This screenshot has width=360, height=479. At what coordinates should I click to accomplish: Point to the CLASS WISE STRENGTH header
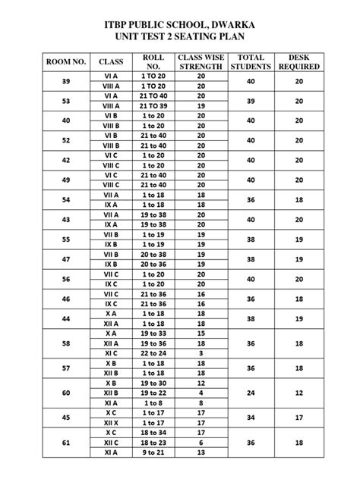pyautogui.click(x=201, y=61)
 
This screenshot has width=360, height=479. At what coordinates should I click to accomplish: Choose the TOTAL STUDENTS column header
pyautogui.click(x=251, y=61)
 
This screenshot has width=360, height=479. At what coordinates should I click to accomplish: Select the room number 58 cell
pyautogui.click(x=66, y=343)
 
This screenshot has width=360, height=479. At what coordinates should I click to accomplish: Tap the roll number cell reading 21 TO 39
pyautogui.click(x=153, y=106)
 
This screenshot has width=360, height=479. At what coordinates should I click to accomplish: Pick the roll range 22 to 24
pyautogui.click(x=153, y=353)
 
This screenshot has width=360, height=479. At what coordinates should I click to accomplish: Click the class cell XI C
pyautogui.click(x=112, y=353)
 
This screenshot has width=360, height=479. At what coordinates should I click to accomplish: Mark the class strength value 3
pyautogui.click(x=201, y=353)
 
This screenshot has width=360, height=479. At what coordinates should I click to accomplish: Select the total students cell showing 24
pyautogui.click(x=251, y=393)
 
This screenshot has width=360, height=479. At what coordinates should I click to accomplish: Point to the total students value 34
pyautogui.click(x=251, y=417)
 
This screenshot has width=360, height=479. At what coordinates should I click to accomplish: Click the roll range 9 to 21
pyautogui.click(x=153, y=452)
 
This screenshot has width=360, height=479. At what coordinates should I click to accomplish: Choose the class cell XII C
pyautogui.click(x=112, y=442)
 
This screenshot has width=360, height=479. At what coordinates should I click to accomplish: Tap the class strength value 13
pyautogui.click(x=201, y=452)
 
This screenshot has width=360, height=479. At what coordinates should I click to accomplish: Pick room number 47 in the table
pyautogui.click(x=66, y=259)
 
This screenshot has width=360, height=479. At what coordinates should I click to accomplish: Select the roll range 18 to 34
pyautogui.click(x=153, y=432)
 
